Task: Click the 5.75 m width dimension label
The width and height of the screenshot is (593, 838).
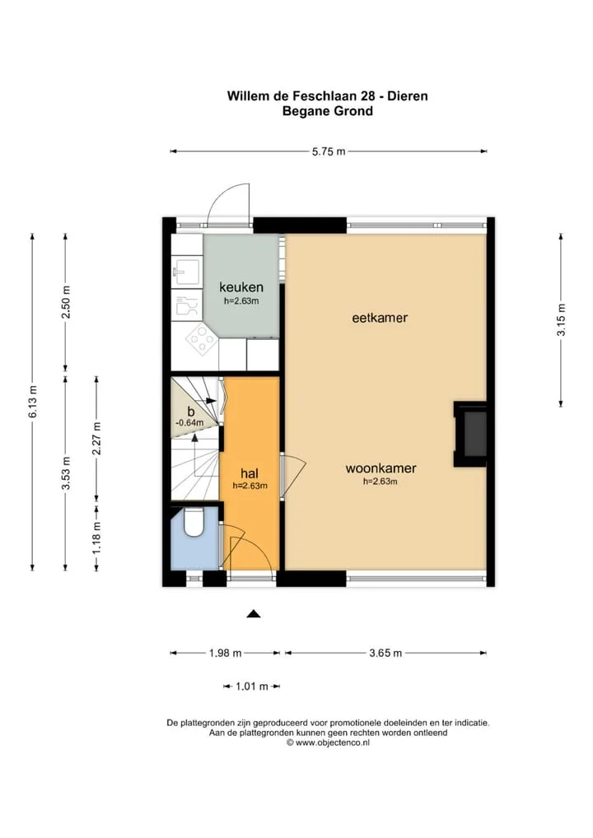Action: (329, 151)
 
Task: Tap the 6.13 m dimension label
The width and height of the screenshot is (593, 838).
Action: (33, 402)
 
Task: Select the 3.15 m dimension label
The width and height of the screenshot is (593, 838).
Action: (562, 320)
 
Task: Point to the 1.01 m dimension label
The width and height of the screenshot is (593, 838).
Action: (252, 687)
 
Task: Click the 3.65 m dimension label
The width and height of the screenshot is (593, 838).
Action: (385, 653)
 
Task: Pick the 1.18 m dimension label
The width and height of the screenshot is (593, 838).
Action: (97, 538)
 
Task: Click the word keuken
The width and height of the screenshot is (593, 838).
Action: (241, 287)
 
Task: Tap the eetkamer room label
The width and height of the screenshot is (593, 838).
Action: (380, 318)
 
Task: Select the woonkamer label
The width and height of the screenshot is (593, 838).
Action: (381, 468)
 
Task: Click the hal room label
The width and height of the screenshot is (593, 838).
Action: (250, 473)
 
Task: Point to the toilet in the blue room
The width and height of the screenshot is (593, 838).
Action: (193, 522)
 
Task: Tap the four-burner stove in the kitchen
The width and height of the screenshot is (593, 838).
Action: (202, 340)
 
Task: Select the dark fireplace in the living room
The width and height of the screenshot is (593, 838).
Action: (470, 434)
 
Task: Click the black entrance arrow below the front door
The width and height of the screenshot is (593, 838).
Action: (254, 614)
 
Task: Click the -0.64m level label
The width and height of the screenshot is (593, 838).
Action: (189, 423)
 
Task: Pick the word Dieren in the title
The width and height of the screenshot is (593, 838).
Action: (408, 96)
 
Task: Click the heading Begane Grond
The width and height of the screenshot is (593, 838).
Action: (328, 111)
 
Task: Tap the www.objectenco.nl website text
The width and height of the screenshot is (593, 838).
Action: (332, 743)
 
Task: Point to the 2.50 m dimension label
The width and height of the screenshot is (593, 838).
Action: (66, 302)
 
